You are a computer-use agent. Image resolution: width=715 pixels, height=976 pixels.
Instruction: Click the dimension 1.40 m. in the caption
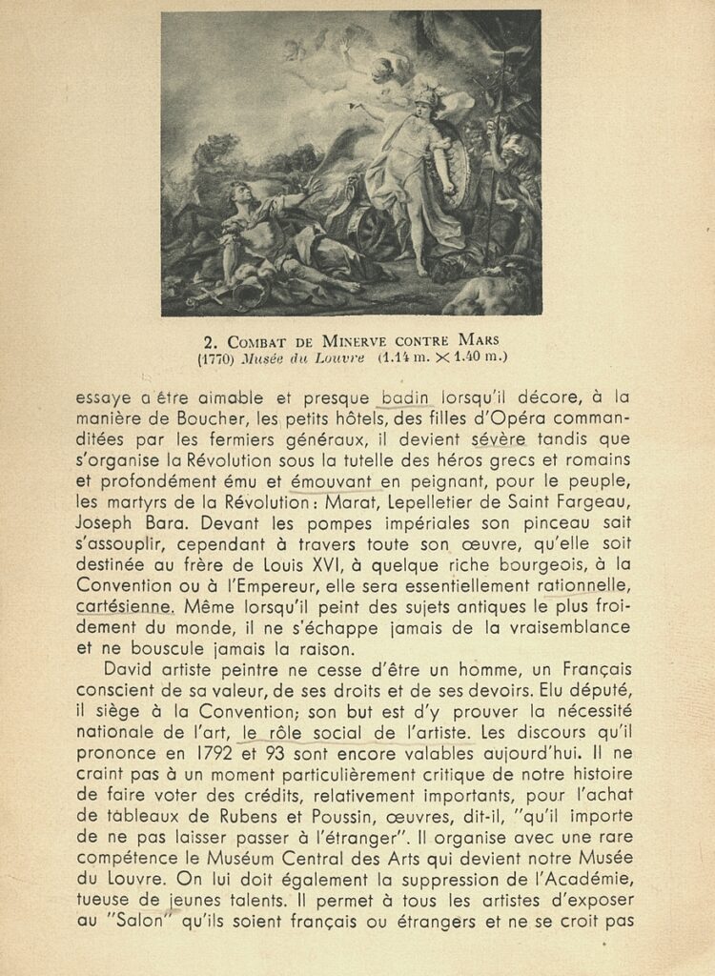pos(476,358)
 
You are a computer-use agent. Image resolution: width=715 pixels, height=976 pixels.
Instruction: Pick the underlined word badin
pos(406,397)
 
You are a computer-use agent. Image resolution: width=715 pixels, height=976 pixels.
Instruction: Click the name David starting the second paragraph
pos(128,667)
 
